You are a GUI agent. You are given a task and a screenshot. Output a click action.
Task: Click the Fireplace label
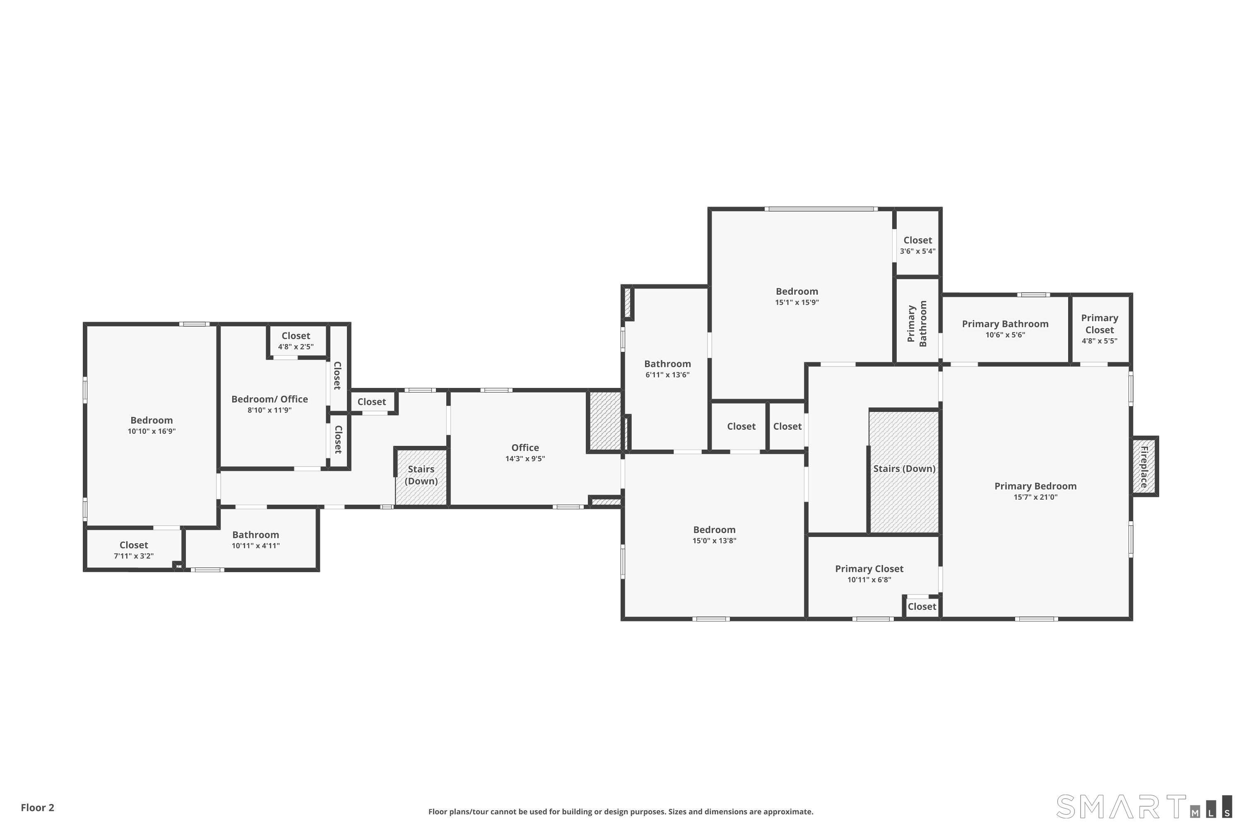pos(1144,467)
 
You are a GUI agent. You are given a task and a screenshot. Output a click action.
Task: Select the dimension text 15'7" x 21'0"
pos(1035,497)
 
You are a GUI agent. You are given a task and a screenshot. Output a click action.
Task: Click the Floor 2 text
pos(38,807)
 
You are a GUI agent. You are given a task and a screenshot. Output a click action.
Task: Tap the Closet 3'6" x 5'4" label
pos(918,245)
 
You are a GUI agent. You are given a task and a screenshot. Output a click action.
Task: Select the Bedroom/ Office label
pos(270,399)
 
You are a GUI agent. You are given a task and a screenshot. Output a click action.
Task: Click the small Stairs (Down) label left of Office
pos(421,475)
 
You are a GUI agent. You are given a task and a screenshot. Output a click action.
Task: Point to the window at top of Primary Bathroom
pos(1033,295)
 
